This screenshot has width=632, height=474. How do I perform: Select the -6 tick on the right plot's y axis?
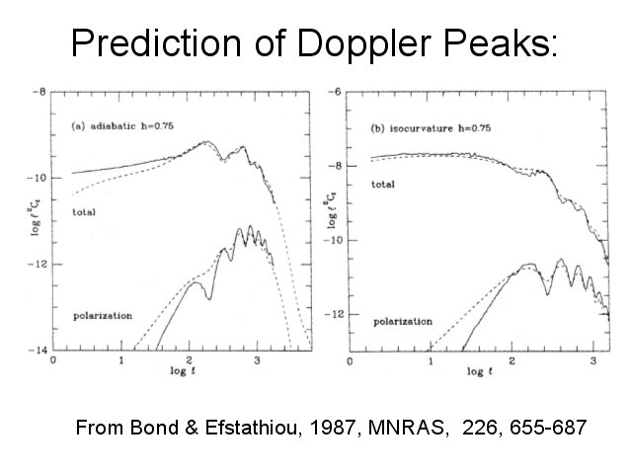point(336,92)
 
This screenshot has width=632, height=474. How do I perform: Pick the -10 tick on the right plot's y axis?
point(334,240)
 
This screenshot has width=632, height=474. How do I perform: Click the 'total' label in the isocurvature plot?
point(382,184)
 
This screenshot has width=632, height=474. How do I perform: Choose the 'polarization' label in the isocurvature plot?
point(402,321)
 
